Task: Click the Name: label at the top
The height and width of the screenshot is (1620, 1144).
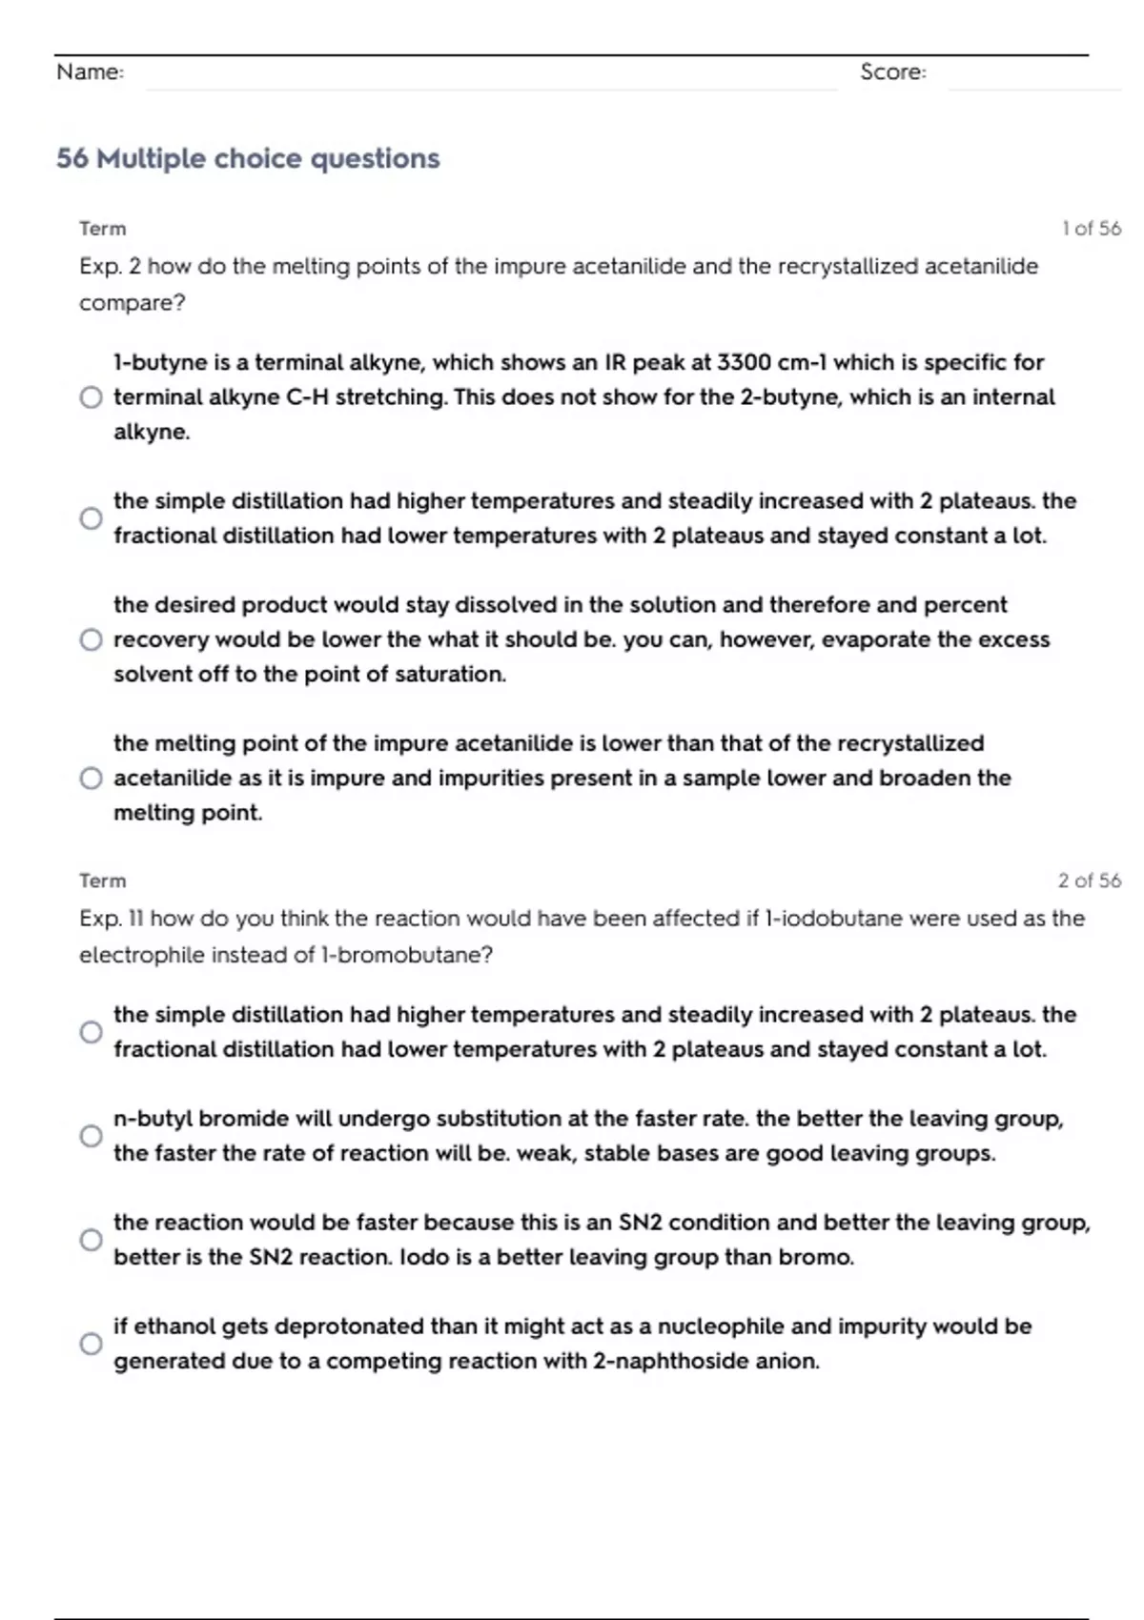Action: (90, 72)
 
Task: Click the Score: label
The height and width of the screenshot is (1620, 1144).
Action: (892, 72)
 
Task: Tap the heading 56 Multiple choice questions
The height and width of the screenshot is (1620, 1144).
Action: (248, 158)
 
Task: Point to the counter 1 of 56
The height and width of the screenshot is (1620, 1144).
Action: (1091, 229)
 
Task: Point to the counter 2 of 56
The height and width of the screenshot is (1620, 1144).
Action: (1089, 881)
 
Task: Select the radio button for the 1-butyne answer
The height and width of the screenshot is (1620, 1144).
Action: (91, 397)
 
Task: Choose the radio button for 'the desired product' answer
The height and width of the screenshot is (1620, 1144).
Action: (91, 639)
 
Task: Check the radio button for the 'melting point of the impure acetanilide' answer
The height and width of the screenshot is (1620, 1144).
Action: (91, 779)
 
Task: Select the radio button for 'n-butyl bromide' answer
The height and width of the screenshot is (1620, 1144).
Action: (91, 1136)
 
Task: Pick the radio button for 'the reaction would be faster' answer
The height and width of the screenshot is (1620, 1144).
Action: (91, 1240)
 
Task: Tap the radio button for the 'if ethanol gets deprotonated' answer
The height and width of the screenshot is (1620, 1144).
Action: (91, 1344)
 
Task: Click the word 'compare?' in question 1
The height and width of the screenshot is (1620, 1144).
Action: (132, 303)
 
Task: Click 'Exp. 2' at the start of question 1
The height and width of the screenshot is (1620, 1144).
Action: (110, 267)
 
